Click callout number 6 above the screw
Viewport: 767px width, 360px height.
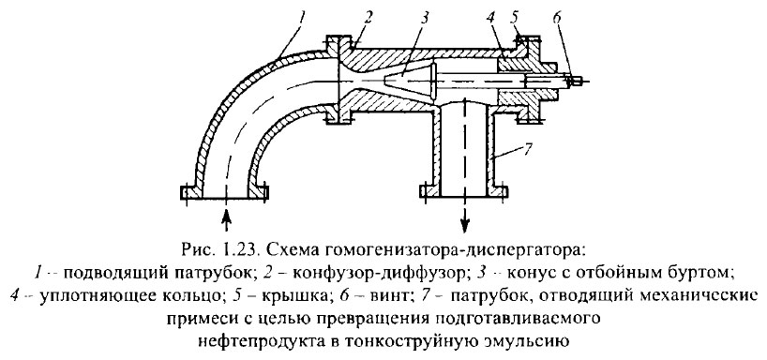[x=560, y=18]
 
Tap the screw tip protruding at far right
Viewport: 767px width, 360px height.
[x=582, y=81]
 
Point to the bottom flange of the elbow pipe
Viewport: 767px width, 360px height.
[x=225, y=193]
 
